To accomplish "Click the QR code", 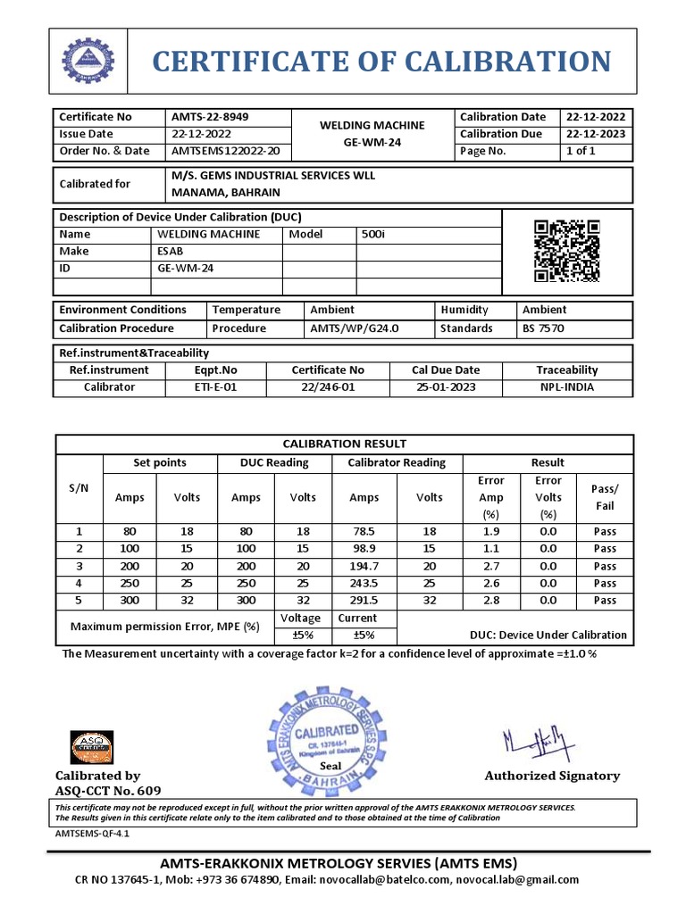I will click(x=566, y=251).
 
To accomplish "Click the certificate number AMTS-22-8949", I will click(x=210, y=117).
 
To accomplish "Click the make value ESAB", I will click(x=171, y=251).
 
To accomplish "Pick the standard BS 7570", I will click(x=543, y=328).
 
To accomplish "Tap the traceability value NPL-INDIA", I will click(x=566, y=387).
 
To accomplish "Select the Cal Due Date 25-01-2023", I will click(x=445, y=387).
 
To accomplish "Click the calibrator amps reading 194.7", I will click(x=364, y=566).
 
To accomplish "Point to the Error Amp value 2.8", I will click(x=491, y=600).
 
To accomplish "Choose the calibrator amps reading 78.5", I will click(x=364, y=531).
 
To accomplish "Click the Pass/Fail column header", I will click(x=605, y=497).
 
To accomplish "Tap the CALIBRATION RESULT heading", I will click(x=344, y=444).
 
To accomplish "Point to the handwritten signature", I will click(x=533, y=740).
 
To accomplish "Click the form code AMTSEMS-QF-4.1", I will click(x=91, y=832).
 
